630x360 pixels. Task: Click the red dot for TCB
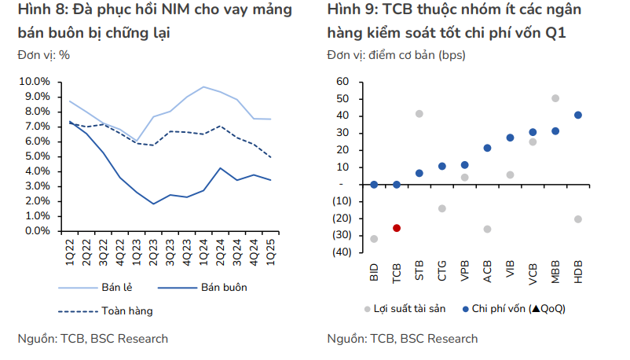397,228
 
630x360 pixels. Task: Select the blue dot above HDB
578,115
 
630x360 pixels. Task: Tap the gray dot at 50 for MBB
555,98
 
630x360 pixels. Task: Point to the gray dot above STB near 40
419,114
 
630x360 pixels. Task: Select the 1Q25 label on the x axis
269,254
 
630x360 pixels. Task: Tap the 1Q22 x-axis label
71,254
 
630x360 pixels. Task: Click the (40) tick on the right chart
341,252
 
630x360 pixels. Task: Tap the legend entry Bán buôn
224,287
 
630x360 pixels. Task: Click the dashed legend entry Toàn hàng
126,310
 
